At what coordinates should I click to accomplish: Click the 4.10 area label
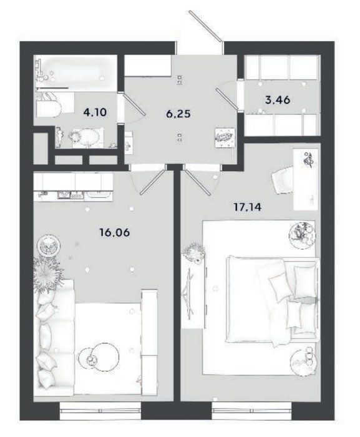(95, 112)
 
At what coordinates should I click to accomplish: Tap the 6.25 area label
(178, 114)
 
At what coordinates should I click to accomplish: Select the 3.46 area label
(278, 99)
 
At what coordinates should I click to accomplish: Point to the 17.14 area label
(248, 207)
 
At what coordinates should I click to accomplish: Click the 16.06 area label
(115, 232)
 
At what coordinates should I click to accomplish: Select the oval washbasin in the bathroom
(84, 137)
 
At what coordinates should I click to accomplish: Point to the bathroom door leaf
(134, 104)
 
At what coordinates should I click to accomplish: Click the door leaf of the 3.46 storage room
(227, 99)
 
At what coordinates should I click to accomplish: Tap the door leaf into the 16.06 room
(152, 182)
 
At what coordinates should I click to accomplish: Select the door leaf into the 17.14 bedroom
(198, 182)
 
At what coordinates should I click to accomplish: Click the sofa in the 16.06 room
(55, 337)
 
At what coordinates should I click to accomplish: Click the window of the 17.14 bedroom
(251, 411)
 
